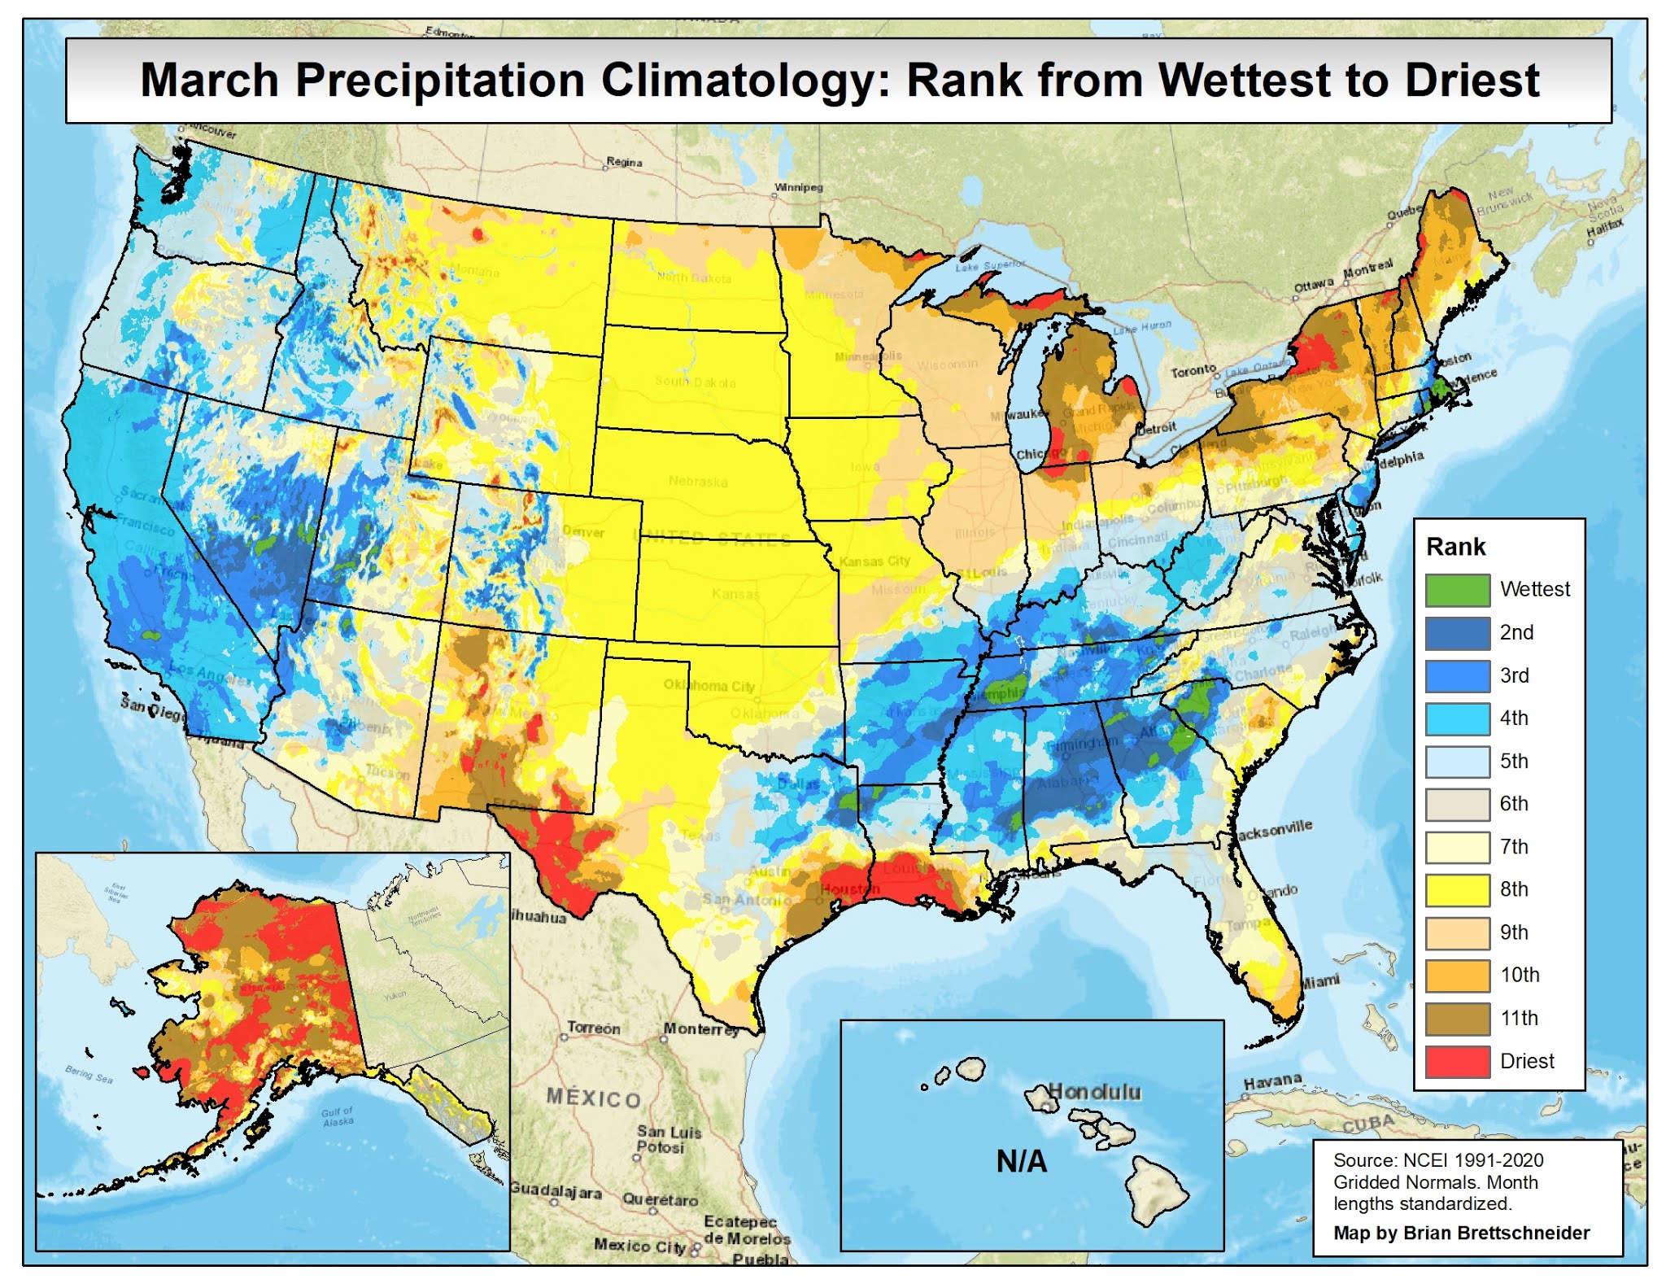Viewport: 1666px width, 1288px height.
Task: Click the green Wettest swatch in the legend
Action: pos(1457,590)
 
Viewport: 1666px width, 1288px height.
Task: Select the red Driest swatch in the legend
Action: pos(1457,1061)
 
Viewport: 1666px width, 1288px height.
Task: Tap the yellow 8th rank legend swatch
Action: pos(1457,889)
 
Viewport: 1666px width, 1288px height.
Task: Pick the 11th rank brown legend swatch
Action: pos(1457,1018)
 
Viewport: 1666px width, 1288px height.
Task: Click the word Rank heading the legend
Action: pos(1455,547)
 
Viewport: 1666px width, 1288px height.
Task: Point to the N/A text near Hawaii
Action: pos(1022,1161)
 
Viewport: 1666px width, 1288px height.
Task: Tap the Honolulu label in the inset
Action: pos(1094,1091)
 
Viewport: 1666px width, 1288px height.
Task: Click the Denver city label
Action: pos(583,532)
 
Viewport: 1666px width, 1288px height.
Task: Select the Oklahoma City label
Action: pos(709,686)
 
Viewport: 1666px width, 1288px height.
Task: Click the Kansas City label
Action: pos(874,561)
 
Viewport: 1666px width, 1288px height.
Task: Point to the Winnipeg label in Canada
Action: pos(798,187)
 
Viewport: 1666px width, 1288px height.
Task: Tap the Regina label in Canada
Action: pos(624,162)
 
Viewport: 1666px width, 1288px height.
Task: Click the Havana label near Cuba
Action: pos(1272,1081)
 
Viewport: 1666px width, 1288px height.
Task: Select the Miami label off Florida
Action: pos(1319,981)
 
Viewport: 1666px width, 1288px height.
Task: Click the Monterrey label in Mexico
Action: pos(700,1028)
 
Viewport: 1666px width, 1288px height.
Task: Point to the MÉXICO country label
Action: pos(593,1098)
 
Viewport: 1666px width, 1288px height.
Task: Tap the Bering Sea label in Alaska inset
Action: pos(89,1074)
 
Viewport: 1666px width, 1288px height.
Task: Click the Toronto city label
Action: pos(1193,371)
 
